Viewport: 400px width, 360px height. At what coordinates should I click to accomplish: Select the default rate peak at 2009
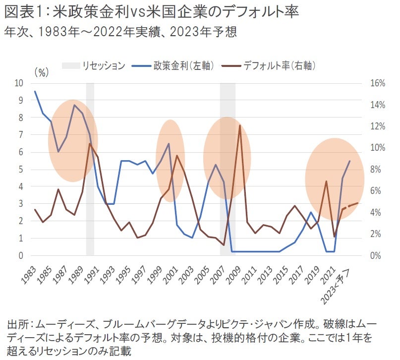[x=240, y=125]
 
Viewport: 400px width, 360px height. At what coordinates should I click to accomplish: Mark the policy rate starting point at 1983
[x=35, y=91]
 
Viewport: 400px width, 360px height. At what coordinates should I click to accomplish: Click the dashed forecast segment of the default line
[x=350, y=206]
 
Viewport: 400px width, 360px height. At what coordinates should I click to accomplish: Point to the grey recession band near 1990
[x=90, y=169]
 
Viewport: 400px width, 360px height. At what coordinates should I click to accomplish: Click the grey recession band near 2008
[x=228, y=169]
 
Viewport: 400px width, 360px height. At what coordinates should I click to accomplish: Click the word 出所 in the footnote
[x=17, y=325]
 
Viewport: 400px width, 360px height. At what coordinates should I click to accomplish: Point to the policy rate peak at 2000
[x=169, y=144]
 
